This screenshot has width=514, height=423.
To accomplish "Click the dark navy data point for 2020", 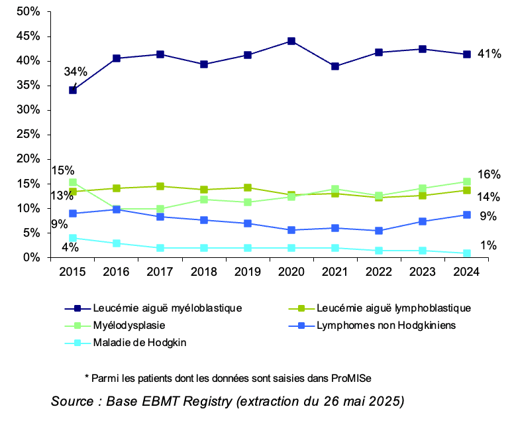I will point(291,41).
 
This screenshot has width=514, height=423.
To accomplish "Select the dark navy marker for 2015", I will point(73,90).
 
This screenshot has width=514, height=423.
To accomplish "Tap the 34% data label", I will point(75,71).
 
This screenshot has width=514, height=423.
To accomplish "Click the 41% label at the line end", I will point(489,54).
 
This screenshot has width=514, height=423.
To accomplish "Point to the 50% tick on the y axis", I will point(28,12).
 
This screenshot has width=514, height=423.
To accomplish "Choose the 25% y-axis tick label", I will point(28,135).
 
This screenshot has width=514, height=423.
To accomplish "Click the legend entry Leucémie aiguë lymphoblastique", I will point(393,308).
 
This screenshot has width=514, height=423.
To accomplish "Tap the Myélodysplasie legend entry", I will point(129,326).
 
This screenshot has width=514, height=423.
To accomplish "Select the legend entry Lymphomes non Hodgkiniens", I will point(386,326).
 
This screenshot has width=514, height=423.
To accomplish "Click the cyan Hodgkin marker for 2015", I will point(73,238).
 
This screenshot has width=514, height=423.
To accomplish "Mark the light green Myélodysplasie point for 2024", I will point(466,182).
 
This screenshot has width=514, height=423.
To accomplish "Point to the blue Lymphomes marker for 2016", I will point(117,210).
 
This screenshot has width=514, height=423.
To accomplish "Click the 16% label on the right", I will point(489,174).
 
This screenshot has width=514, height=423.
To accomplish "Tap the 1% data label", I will point(489,246).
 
